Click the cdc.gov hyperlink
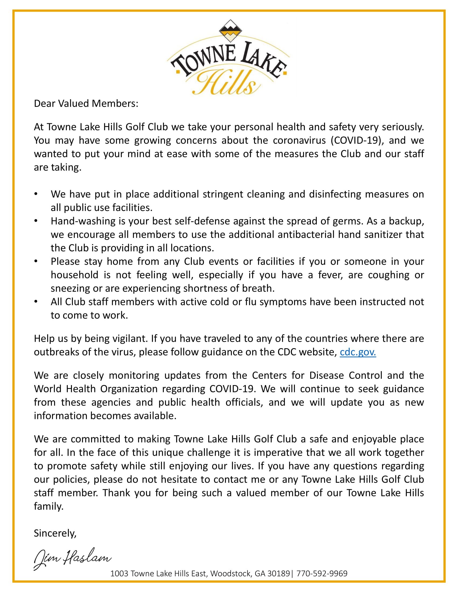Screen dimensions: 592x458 pos(358,352)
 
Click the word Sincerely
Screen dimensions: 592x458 pos(55,533)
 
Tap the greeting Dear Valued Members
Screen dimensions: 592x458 pos(86,104)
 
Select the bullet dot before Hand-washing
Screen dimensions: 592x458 pos(36,221)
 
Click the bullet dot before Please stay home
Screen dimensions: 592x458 pos(36,261)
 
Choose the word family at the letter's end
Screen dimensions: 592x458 pos(48,506)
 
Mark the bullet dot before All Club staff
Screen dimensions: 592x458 pos(36,302)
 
